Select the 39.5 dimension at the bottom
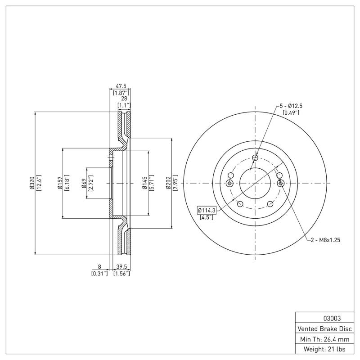(120, 266)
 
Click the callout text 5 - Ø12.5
(291, 106)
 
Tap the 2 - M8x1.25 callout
(325, 240)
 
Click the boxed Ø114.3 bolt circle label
(207, 210)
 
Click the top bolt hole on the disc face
(255, 157)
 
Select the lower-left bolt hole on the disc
(240, 204)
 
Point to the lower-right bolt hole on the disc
(270, 204)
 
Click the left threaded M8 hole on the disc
(229, 183)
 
